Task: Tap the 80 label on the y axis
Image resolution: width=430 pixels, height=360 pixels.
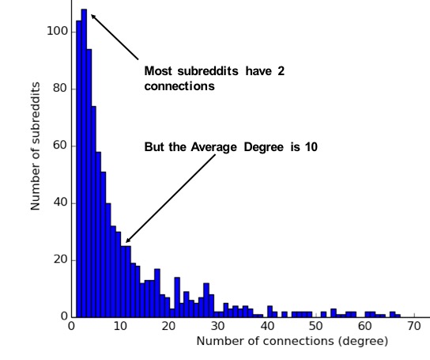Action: pyautogui.click(x=58, y=89)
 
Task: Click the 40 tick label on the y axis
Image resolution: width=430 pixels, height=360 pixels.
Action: pyautogui.click(x=58, y=203)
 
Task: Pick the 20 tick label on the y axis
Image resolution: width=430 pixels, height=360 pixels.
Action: pyautogui.click(x=58, y=260)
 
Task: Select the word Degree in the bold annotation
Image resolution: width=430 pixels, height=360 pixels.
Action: pyautogui.click(x=273, y=147)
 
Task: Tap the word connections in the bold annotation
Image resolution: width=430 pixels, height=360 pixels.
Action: pyautogui.click(x=179, y=85)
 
